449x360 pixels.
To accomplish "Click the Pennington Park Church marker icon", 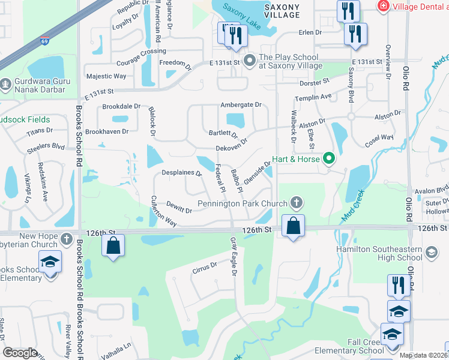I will pos(295,203).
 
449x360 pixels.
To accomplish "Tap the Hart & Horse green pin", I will pos(328,159).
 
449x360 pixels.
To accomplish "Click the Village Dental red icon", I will pos(382,5).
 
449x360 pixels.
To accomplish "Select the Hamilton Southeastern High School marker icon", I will pos(430,253).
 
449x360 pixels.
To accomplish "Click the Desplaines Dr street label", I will pos(181,173).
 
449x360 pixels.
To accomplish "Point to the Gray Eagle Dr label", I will pos(234,257).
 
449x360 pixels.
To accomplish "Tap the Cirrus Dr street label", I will pos(205,266).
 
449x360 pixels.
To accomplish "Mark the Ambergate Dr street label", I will pos(241,104).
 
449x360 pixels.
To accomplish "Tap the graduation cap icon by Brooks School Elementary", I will pos(50,262).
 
